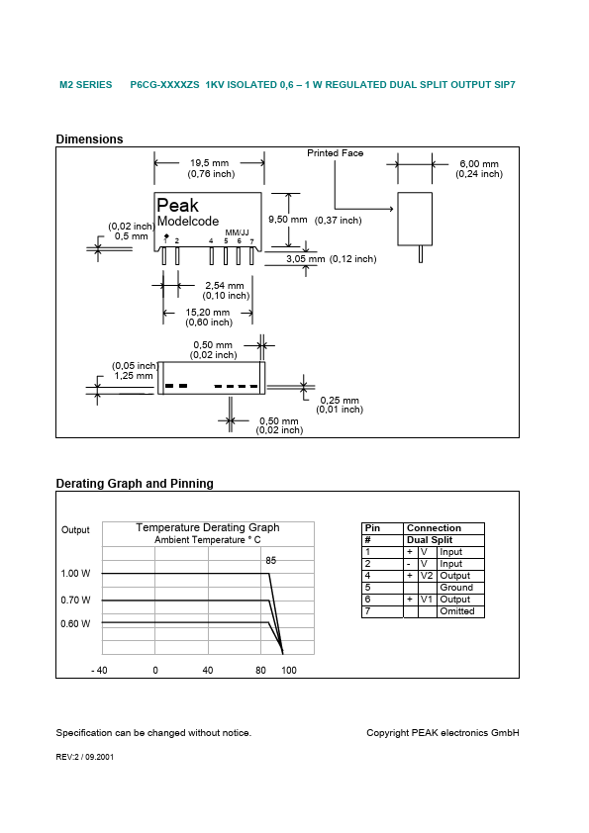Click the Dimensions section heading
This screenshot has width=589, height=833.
[x=89, y=139]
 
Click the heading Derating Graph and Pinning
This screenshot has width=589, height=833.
[x=135, y=484]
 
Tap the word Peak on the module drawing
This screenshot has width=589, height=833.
[x=178, y=206]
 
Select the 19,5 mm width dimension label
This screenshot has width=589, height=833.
[x=209, y=163]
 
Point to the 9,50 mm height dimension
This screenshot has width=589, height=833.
[x=288, y=219]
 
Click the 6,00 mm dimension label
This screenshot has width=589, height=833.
[x=479, y=163]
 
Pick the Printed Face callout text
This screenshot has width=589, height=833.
[x=335, y=153]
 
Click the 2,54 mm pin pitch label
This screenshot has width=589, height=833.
[x=224, y=286]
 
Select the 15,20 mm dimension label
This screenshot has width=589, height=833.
[x=208, y=313]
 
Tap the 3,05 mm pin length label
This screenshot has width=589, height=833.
[x=305, y=258]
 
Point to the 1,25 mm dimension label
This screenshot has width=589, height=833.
[x=134, y=376]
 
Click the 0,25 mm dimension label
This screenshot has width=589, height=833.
[x=339, y=400]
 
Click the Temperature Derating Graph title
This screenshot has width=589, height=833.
[x=208, y=527]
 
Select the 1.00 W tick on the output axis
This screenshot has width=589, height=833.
[x=75, y=574]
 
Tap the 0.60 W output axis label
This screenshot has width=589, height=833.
[x=75, y=623]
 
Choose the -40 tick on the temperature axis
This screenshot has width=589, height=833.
[x=99, y=671]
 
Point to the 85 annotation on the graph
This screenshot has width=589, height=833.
[x=270, y=560]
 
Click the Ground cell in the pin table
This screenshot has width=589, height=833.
[x=456, y=588]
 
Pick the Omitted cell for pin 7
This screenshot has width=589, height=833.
[x=456, y=611]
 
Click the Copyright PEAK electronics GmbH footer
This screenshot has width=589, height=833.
[x=442, y=733]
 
